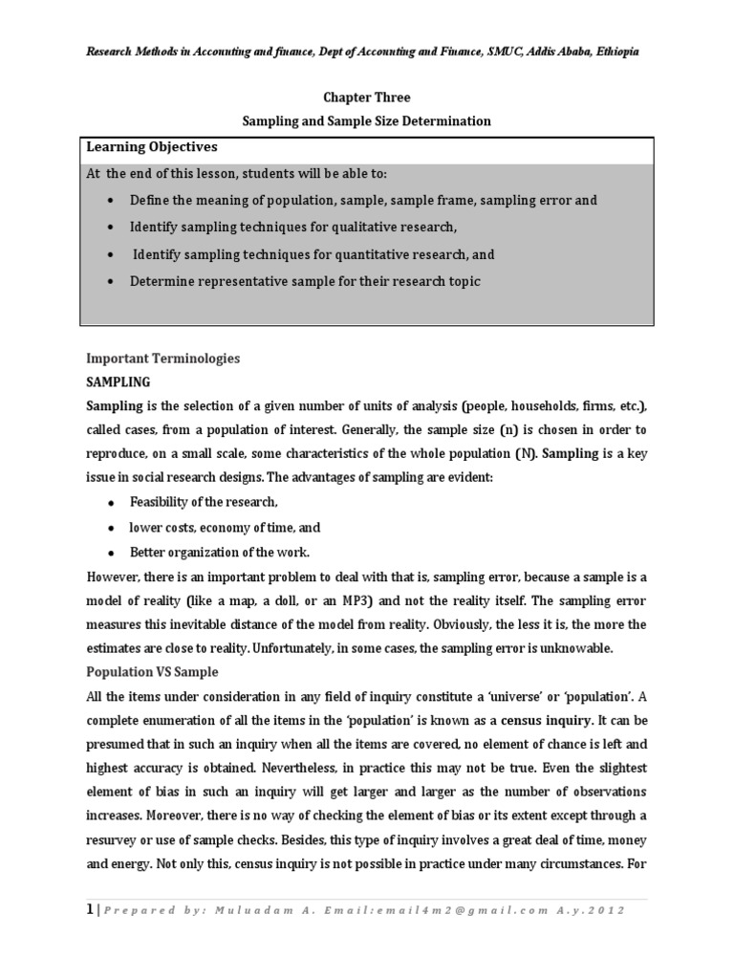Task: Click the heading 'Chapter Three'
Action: click(x=366, y=98)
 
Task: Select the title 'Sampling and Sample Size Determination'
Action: click(x=366, y=121)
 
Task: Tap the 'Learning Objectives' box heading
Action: click(x=152, y=147)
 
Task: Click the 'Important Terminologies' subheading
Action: click(x=162, y=359)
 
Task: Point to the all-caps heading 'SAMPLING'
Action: click(x=119, y=381)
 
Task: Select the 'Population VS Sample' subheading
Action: click(x=152, y=671)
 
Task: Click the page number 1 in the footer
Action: click(x=90, y=909)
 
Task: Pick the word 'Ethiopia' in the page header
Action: click(x=612, y=52)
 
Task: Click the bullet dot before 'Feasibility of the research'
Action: click(x=112, y=503)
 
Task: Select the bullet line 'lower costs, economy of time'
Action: click(x=225, y=527)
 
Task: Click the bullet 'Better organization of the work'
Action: click(x=220, y=552)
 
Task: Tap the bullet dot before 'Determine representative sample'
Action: click(x=112, y=282)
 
